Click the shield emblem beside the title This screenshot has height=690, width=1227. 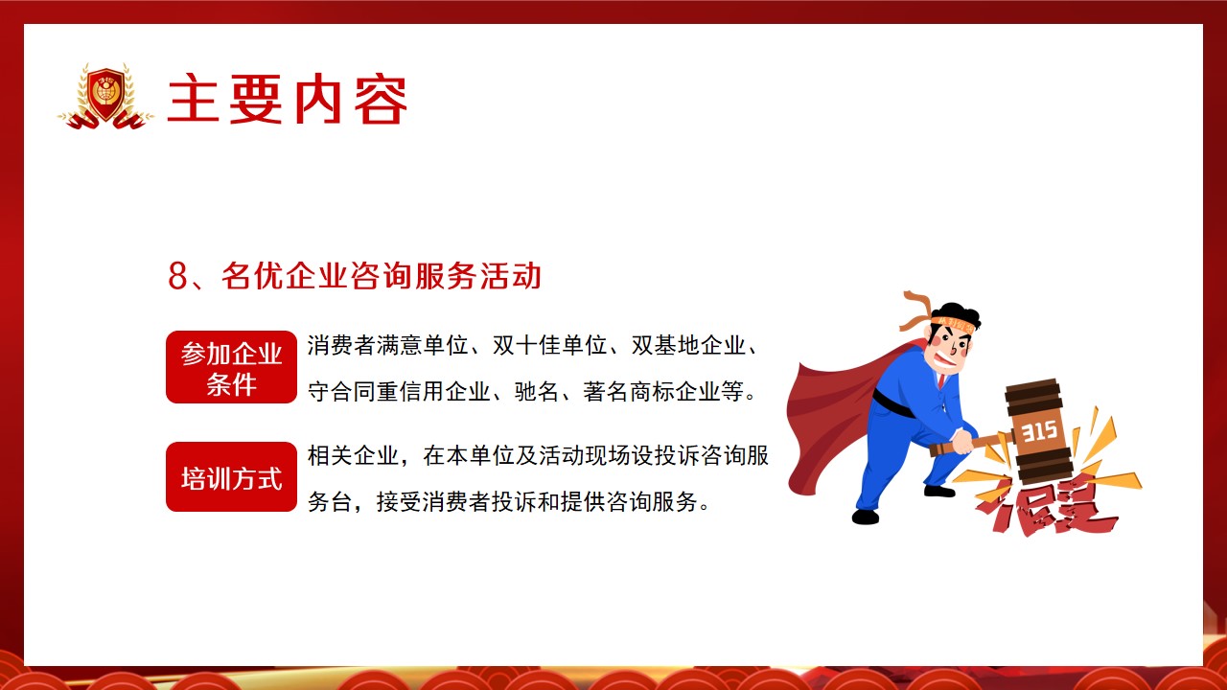tap(105, 97)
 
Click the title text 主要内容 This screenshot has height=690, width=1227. tap(288, 100)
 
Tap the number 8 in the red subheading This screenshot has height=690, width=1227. tap(177, 275)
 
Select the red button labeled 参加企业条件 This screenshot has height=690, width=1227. tap(231, 367)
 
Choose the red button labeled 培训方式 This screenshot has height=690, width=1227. tap(231, 477)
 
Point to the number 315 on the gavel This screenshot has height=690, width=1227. tap(1039, 431)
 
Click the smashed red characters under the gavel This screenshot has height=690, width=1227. tap(1045, 507)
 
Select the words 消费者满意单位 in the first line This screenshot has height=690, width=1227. tap(388, 346)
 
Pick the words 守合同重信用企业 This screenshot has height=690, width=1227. tap(399, 392)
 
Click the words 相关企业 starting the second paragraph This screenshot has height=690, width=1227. tap(354, 455)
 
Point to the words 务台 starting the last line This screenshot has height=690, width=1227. tap(330, 501)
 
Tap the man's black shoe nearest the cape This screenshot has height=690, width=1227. tap(866, 517)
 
